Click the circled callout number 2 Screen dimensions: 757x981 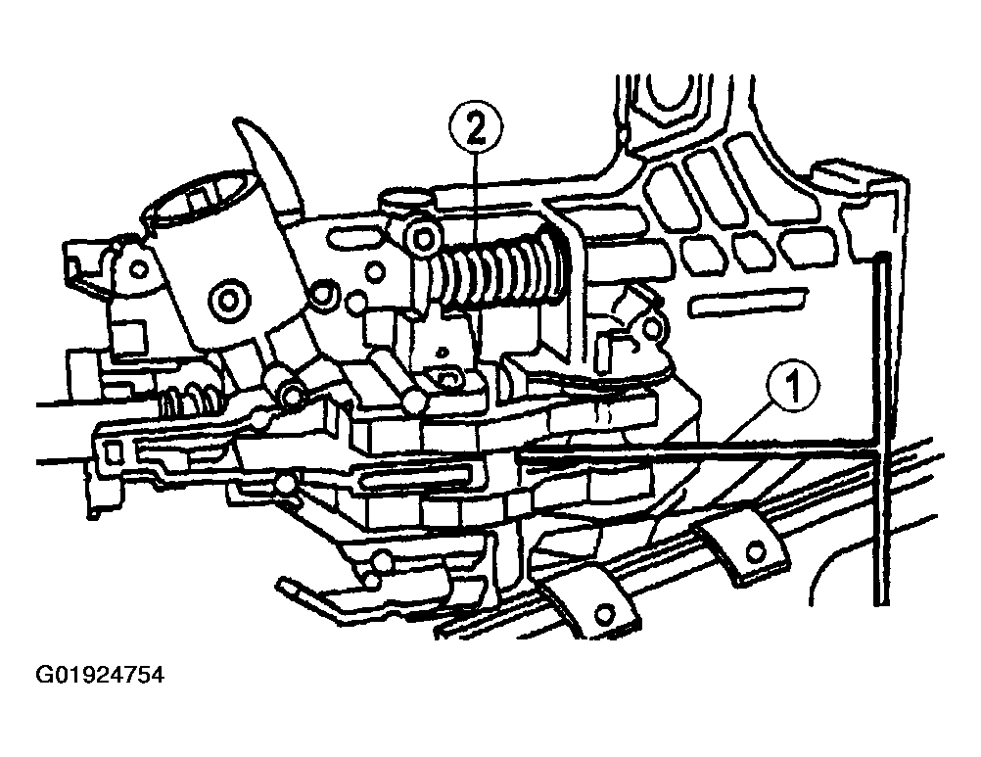click(475, 129)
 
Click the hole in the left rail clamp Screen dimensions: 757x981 click(604, 613)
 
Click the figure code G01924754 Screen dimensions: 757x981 click(100, 676)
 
